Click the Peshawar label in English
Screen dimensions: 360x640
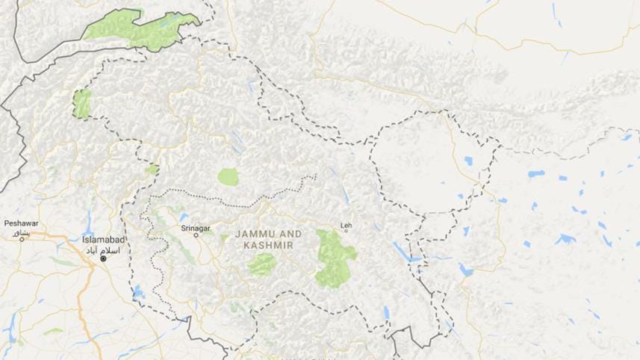[20, 223]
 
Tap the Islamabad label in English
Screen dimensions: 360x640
[103, 240]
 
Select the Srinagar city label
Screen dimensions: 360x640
[196, 226]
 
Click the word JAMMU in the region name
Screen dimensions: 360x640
[255, 234]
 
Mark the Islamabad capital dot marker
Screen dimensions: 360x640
[104, 258]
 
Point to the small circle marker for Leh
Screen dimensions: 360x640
[345, 231]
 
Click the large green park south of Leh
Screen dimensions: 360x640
[334, 258]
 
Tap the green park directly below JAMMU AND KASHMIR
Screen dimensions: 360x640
[262, 264]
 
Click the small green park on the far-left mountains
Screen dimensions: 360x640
[81, 104]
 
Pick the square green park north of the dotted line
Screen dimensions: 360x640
[229, 177]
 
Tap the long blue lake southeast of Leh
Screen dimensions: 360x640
[400, 249]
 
